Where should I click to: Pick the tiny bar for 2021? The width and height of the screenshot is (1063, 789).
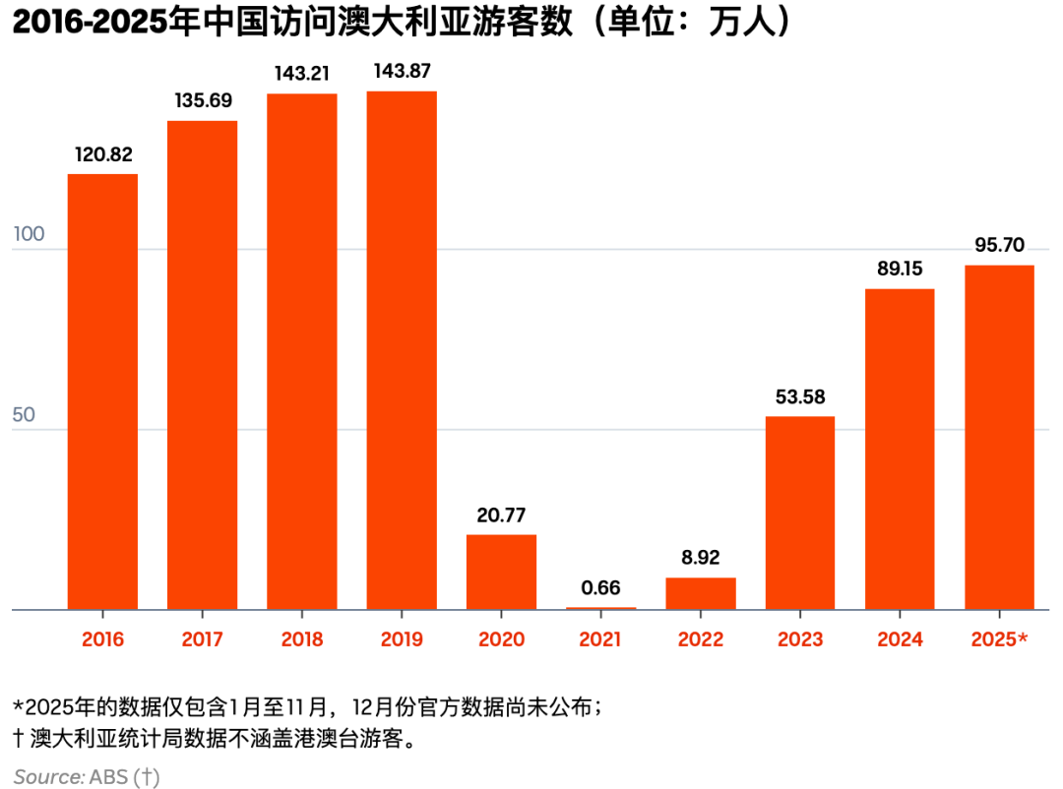(x=600, y=608)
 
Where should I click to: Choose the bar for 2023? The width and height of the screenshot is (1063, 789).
(x=800, y=513)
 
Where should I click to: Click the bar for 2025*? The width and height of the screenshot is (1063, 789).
(x=999, y=437)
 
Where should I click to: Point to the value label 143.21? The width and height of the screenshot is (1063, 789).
(x=301, y=73)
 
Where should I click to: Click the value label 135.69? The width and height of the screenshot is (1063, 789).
(x=202, y=100)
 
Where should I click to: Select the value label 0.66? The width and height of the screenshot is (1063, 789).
(x=600, y=588)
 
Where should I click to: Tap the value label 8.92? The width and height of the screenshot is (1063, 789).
(x=701, y=558)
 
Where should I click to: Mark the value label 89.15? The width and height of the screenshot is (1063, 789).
(x=900, y=269)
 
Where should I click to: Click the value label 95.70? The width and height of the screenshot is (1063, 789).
(x=999, y=245)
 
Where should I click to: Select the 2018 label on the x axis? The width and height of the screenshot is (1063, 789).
(x=301, y=639)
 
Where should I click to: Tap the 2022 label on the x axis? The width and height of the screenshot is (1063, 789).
(x=701, y=639)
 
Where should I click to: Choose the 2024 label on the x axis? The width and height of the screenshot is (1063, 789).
(x=900, y=639)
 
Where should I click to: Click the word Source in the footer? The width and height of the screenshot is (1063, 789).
(x=47, y=777)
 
